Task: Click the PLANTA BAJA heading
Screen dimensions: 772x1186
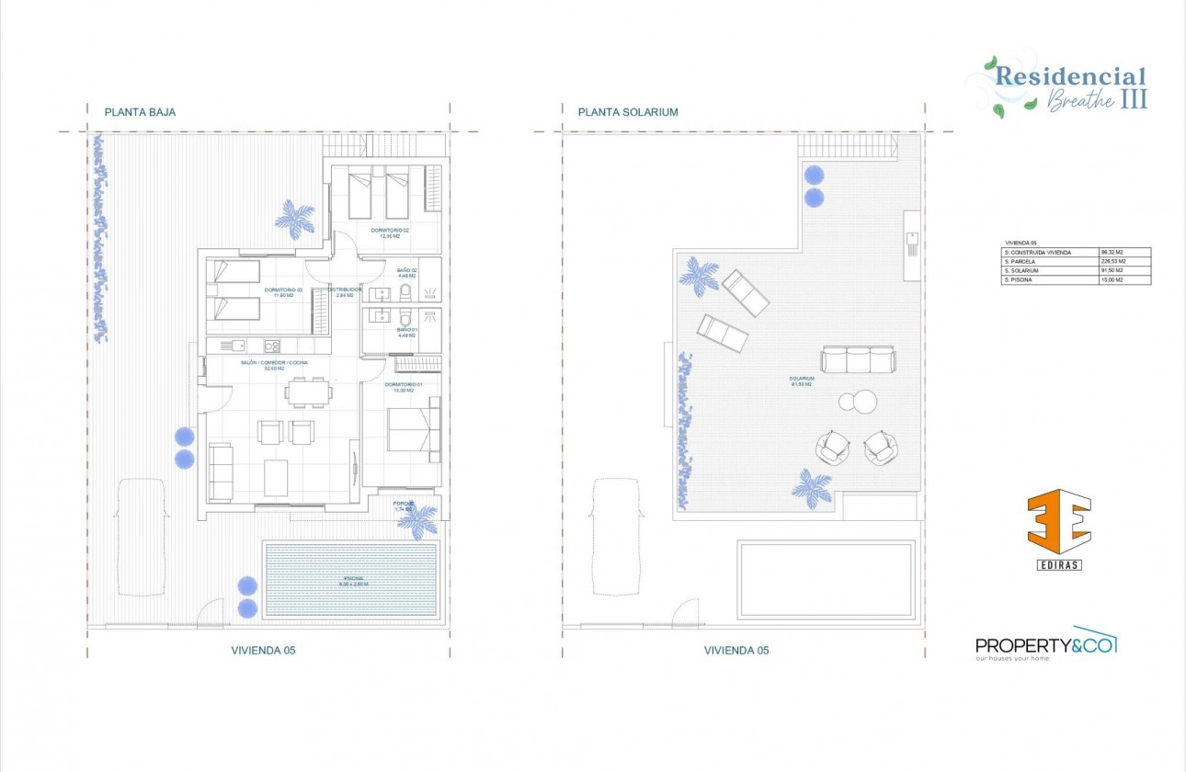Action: [140, 112]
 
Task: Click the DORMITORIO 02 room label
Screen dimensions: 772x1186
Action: [391, 233]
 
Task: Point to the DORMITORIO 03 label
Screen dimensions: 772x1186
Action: [283, 291]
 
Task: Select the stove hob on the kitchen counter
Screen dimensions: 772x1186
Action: [272, 346]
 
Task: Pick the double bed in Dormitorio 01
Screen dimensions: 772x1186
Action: [414, 429]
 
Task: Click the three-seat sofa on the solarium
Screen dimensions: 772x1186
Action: [858, 360]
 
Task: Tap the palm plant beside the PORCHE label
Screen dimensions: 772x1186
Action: [418, 522]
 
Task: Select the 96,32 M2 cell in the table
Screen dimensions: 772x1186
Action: [1124, 252]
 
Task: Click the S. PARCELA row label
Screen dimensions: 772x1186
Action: [1049, 261]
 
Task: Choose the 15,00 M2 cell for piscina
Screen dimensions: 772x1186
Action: [1124, 279]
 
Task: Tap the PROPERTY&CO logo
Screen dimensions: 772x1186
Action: [1045, 644]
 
